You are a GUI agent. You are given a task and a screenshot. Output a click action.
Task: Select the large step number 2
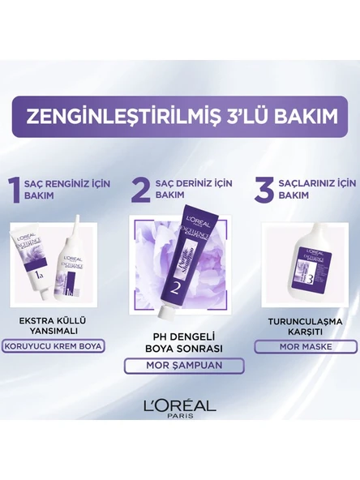pyautogui.click(x=140, y=190)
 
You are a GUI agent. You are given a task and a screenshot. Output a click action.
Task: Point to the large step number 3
pyautogui.click(x=262, y=189)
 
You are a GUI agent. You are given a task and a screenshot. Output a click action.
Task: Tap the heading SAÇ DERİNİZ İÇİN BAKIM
pyautogui.click(x=186, y=189)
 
